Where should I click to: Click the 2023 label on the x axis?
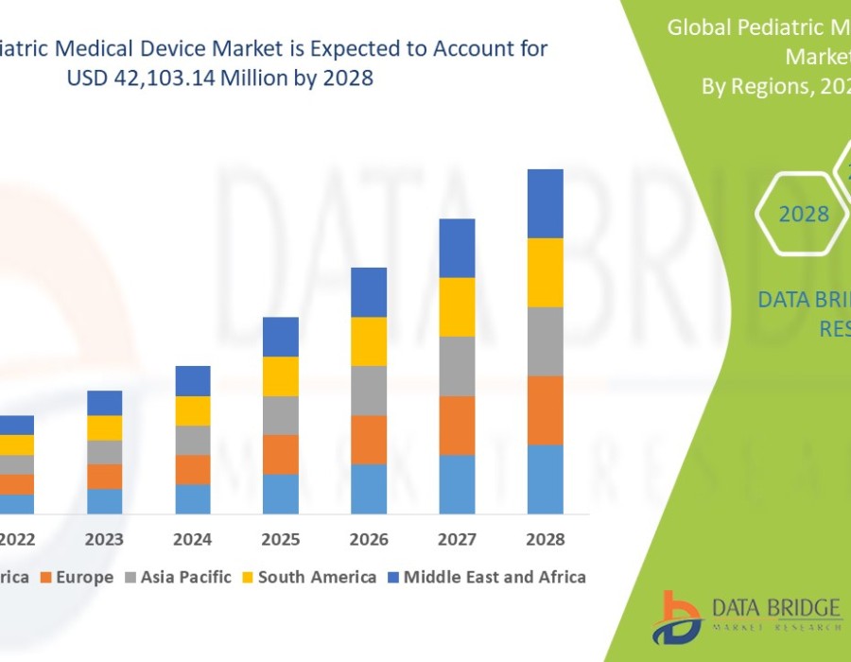[x=104, y=540]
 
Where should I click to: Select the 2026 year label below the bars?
[x=369, y=540]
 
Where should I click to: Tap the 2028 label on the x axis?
[x=546, y=540]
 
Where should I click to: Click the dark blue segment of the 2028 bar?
[x=546, y=203]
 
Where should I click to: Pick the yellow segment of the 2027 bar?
[x=457, y=306]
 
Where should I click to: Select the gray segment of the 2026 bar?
[x=369, y=390]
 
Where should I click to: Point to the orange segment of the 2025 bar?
[x=281, y=454]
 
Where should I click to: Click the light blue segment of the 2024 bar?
[x=193, y=498]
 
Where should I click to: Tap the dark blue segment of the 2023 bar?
[x=104, y=403]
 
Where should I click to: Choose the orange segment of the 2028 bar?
[x=546, y=409]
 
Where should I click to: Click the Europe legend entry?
[x=79, y=577]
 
